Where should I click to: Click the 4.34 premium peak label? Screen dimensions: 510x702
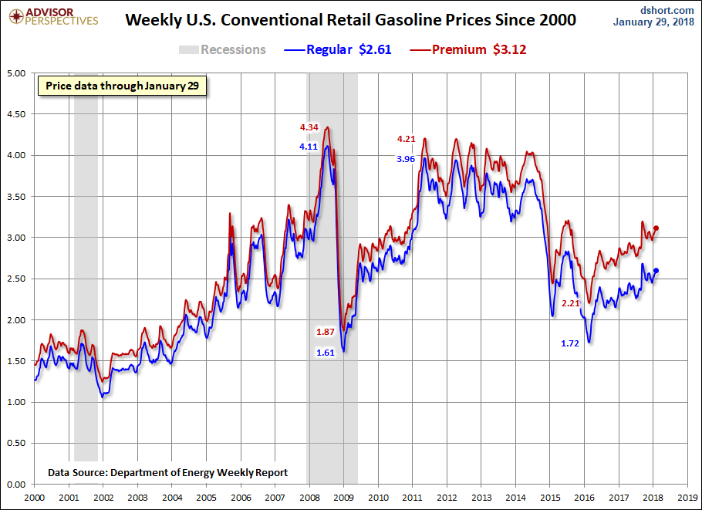pyautogui.click(x=309, y=127)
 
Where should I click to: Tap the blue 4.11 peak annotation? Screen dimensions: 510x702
pyautogui.click(x=309, y=146)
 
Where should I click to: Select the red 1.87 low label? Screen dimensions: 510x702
pyautogui.click(x=326, y=332)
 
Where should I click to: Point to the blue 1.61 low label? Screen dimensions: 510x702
pyautogui.click(x=326, y=353)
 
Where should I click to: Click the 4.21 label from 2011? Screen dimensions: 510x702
pyautogui.click(x=407, y=139)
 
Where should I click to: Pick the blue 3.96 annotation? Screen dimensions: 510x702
pyautogui.click(x=407, y=159)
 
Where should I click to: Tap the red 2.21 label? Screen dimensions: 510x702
pyautogui.click(x=570, y=303)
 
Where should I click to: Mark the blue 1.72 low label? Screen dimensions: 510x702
pyautogui.click(x=570, y=343)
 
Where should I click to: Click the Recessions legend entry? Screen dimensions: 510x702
pyautogui.click(x=222, y=50)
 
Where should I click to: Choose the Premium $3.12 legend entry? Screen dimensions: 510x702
pyautogui.click(x=460, y=50)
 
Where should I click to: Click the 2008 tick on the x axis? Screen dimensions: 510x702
pyautogui.click(x=309, y=498)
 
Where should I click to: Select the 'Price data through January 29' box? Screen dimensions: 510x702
pyautogui.click(x=123, y=86)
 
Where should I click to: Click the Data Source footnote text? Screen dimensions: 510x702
pyautogui.click(x=167, y=472)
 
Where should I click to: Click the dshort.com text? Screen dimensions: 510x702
pyautogui.click(x=667, y=9)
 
